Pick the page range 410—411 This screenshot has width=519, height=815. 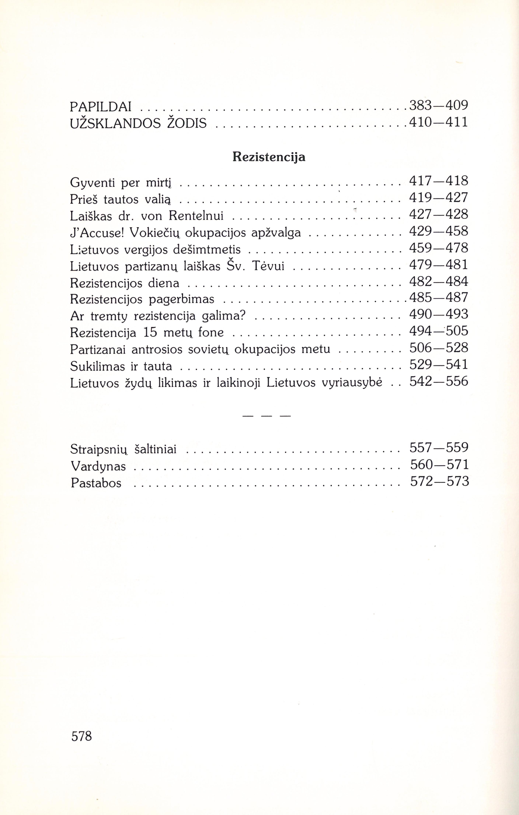pos(439,122)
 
